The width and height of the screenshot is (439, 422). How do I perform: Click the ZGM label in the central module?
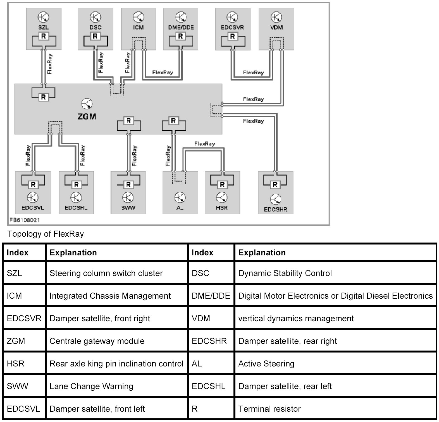pos(87,116)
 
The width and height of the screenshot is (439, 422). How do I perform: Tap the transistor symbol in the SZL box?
pos(44,17)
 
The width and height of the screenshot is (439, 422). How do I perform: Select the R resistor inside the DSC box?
pos(95,36)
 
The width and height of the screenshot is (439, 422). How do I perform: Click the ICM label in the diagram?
pos(138,27)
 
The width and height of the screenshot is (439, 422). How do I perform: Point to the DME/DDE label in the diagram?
pos(181,27)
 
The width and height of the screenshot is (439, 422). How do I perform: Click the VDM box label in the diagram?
pos(276,27)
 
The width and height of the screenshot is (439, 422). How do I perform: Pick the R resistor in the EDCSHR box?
pos(275,184)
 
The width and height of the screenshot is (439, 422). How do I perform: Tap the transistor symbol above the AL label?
pos(180,198)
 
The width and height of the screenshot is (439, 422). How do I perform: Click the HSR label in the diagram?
pos(222,208)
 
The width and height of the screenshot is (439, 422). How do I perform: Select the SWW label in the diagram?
pos(128,208)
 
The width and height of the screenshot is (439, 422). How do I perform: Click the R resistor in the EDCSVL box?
pos(33,184)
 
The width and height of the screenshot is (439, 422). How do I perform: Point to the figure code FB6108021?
pos(25,220)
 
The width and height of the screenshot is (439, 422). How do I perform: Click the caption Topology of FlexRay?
pos(46,234)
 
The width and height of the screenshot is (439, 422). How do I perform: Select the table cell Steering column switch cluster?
pos(106,273)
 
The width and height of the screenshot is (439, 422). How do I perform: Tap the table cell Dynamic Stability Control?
pos(285,273)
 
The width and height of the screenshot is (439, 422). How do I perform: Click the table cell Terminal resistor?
pos(269,409)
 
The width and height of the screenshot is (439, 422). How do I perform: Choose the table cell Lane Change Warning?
pos(91,386)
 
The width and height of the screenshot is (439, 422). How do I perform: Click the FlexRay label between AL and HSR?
pos(204,144)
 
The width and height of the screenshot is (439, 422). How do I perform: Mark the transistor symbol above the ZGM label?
pos(87,104)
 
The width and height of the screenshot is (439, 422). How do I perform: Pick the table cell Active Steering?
pos(266,364)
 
